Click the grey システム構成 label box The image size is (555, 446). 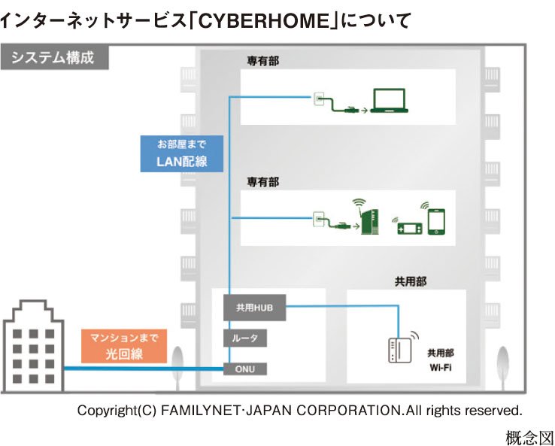[53, 57]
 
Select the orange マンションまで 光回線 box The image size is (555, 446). [123, 345]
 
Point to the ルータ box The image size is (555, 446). [246, 338]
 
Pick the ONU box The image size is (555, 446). [246, 369]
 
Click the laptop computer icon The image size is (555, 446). [391, 102]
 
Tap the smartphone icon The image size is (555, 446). [438, 221]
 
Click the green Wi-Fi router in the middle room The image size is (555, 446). [367, 217]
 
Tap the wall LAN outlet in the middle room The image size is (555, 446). [318, 220]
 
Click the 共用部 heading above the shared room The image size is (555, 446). [411, 281]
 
